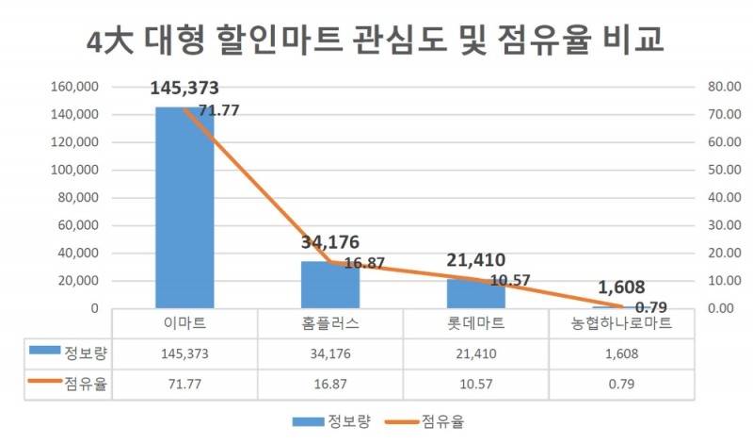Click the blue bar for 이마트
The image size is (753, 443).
pyautogui.click(x=184, y=207)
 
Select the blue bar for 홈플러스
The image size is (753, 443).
pyautogui.click(x=329, y=285)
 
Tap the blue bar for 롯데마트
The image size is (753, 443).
pyautogui.click(x=475, y=293)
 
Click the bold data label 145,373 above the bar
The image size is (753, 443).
pyautogui.click(x=184, y=89)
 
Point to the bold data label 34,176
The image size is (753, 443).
pyautogui.click(x=330, y=242)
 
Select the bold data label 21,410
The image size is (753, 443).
pyautogui.click(x=476, y=259)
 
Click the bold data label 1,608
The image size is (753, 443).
pyautogui.click(x=621, y=287)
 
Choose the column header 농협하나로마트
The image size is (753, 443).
pyautogui.click(x=621, y=323)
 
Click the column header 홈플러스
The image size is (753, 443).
pyautogui.click(x=330, y=323)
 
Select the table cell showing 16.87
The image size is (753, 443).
pyautogui.click(x=330, y=385)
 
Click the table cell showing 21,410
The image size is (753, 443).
pyautogui.click(x=476, y=353)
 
